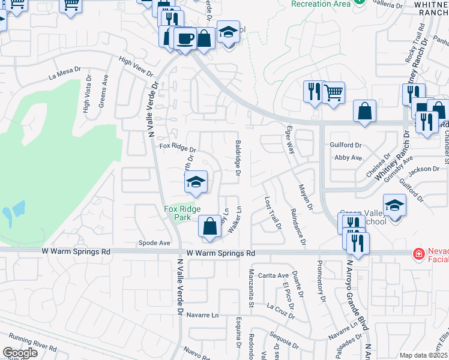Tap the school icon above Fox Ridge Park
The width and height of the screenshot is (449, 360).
(195, 182)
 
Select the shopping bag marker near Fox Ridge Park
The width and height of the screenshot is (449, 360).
(209, 227)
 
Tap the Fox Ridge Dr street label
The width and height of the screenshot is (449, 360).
(178, 147)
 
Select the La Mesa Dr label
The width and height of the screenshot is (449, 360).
(64, 74)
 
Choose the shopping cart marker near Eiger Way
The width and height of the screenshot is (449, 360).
(333, 93)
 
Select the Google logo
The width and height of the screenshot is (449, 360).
(20, 353)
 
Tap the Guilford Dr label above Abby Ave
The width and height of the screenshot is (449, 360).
(346, 145)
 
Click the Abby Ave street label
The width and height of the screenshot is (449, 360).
(348, 158)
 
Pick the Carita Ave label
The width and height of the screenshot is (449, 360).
(274, 275)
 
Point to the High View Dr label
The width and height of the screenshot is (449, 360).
(136, 66)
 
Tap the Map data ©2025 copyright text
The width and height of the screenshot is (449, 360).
(423, 355)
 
